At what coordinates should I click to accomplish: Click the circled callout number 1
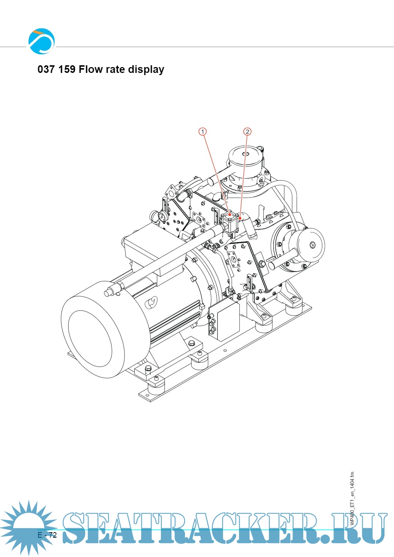[x=202, y=132]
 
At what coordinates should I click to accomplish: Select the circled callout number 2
[x=247, y=132]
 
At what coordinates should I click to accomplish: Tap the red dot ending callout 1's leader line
[x=230, y=215]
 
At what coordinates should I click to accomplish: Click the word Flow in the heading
[x=91, y=69]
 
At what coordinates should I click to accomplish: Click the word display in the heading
[x=146, y=70]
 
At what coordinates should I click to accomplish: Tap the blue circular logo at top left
[x=42, y=41]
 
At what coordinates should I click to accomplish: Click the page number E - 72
[x=47, y=535]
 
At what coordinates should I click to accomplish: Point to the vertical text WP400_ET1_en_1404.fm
[x=352, y=499]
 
